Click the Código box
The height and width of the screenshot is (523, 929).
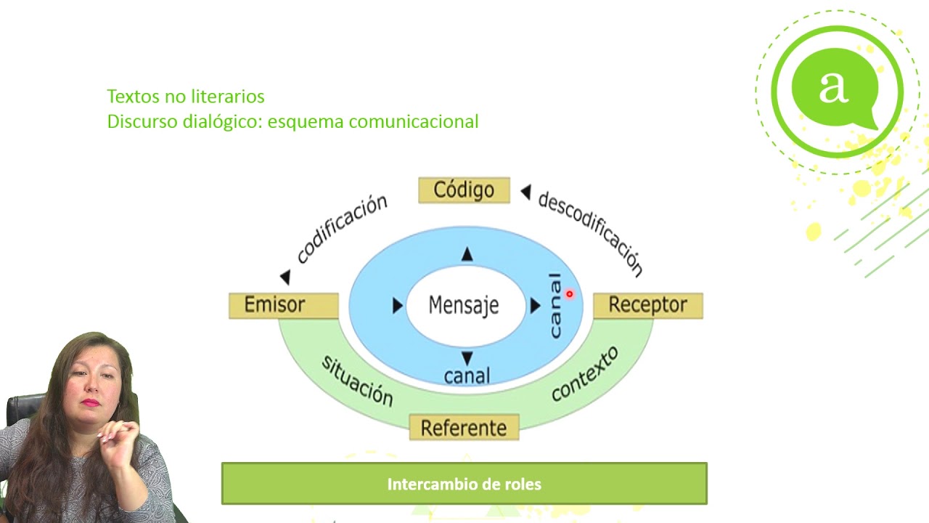[x=464, y=190]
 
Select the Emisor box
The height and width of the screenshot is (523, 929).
[x=283, y=305]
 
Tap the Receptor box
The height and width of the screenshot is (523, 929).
[x=647, y=305]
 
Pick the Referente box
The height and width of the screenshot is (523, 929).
[x=464, y=427]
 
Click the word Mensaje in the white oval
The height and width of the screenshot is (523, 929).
[x=464, y=305]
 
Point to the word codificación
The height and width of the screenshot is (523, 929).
[x=342, y=229]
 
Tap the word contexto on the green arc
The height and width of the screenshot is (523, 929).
[x=584, y=373]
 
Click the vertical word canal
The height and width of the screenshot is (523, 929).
[x=555, y=305]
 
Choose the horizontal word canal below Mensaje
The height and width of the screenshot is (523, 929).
[x=467, y=376]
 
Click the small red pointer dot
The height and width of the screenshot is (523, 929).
[x=570, y=294]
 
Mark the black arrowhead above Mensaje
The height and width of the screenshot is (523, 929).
[x=467, y=254]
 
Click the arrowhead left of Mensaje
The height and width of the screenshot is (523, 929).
[x=397, y=306]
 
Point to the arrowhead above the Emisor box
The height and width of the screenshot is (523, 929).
[x=285, y=277]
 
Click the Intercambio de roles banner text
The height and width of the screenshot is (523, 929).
[x=464, y=484]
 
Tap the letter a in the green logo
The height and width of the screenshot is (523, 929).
[x=833, y=87]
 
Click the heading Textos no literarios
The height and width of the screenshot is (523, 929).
[x=186, y=96]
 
